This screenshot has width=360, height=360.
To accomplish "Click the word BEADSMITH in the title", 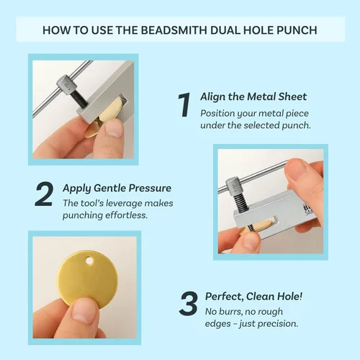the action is pyautogui.click(x=174, y=30).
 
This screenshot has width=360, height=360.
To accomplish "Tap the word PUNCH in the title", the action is pyautogui.click(x=297, y=30).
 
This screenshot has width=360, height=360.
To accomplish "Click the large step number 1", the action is pyautogui.click(x=184, y=105).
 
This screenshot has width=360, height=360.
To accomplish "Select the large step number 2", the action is pyautogui.click(x=44, y=194).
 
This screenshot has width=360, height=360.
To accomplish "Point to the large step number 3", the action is pyautogui.click(x=189, y=303).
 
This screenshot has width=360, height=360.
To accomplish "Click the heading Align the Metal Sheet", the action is pyautogui.click(x=253, y=96).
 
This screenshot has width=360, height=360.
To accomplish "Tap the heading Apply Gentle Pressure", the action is pyautogui.click(x=117, y=188).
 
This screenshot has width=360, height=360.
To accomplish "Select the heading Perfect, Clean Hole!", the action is pyautogui.click(x=253, y=297).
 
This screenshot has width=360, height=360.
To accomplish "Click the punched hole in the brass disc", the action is pyautogui.click(x=89, y=261).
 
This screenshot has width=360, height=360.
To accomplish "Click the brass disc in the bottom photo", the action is pyautogui.click(x=88, y=279).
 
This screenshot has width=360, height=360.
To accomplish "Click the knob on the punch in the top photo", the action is pyautogui.click(x=66, y=84).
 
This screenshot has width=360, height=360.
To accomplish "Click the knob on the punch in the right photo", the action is pyautogui.click(x=234, y=186).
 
